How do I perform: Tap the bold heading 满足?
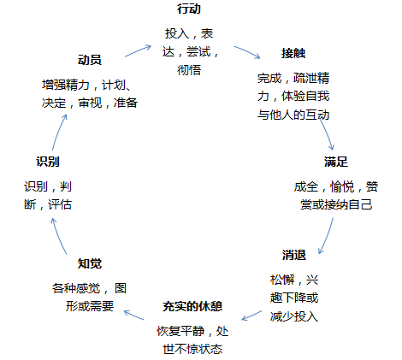[x=335, y=161]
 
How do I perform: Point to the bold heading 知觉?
[x=89, y=263]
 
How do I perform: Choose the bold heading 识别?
[x=48, y=161]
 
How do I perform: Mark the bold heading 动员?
[x=89, y=60]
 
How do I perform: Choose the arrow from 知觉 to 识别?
[x=58, y=233]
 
